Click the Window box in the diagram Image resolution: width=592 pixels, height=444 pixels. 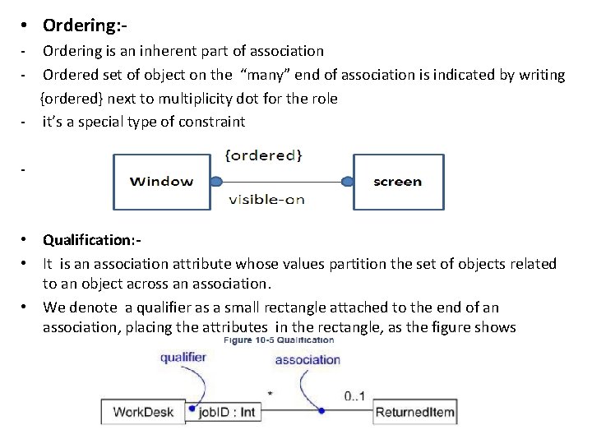point(162,182)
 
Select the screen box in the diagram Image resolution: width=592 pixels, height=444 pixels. point(398,182)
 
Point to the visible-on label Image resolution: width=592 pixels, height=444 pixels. point(266,200)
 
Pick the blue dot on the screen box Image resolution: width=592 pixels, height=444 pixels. point(348,182)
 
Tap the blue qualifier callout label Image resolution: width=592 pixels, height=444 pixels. point(183,358)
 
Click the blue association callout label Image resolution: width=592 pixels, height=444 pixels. point(308,359)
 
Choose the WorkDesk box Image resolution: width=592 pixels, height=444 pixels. point(143,412)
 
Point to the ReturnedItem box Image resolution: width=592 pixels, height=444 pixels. point(415,412)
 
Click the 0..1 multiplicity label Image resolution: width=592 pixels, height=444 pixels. point(355,396)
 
